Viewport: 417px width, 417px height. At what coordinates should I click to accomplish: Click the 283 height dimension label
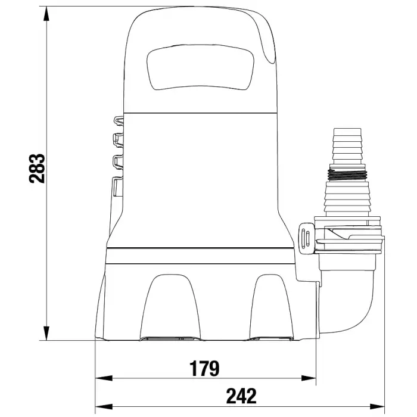point(37,168)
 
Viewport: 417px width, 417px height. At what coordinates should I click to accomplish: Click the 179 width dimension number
point(204,368)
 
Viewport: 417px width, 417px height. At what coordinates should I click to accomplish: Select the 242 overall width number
point(241,396)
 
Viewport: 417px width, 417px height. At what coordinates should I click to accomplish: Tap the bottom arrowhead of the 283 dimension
point(46,332)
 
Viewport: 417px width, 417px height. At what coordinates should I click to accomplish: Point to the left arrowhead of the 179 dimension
point(104,378)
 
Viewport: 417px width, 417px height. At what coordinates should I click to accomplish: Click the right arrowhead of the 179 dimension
point(308,378)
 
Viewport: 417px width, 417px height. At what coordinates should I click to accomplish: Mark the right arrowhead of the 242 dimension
point(376,406)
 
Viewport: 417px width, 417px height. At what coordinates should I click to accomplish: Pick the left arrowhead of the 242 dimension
point(104,406)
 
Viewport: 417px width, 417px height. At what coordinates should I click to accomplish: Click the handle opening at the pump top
point(200,67)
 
